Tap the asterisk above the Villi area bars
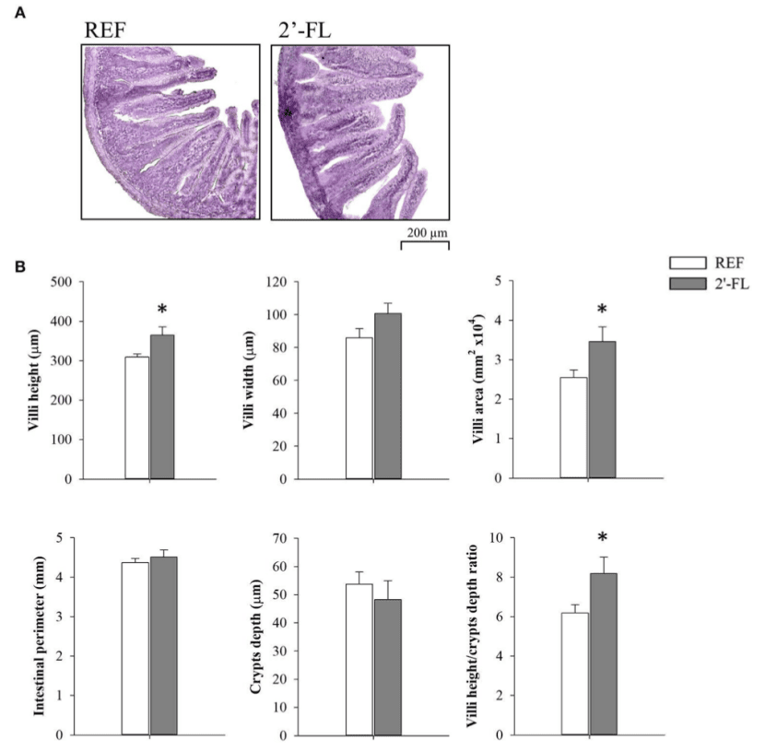pyautogui.click(x=603, y=310)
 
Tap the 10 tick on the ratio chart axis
pyautogui.click(x=495, y=538)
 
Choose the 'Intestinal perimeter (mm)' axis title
pyautogui.click(x=41, y=635)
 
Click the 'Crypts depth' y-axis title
pyautogui.click(x=257, y=635)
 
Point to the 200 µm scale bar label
pyautogui.click(x=424, y=232)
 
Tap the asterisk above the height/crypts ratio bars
pyautogui.click(x=603, y=538)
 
